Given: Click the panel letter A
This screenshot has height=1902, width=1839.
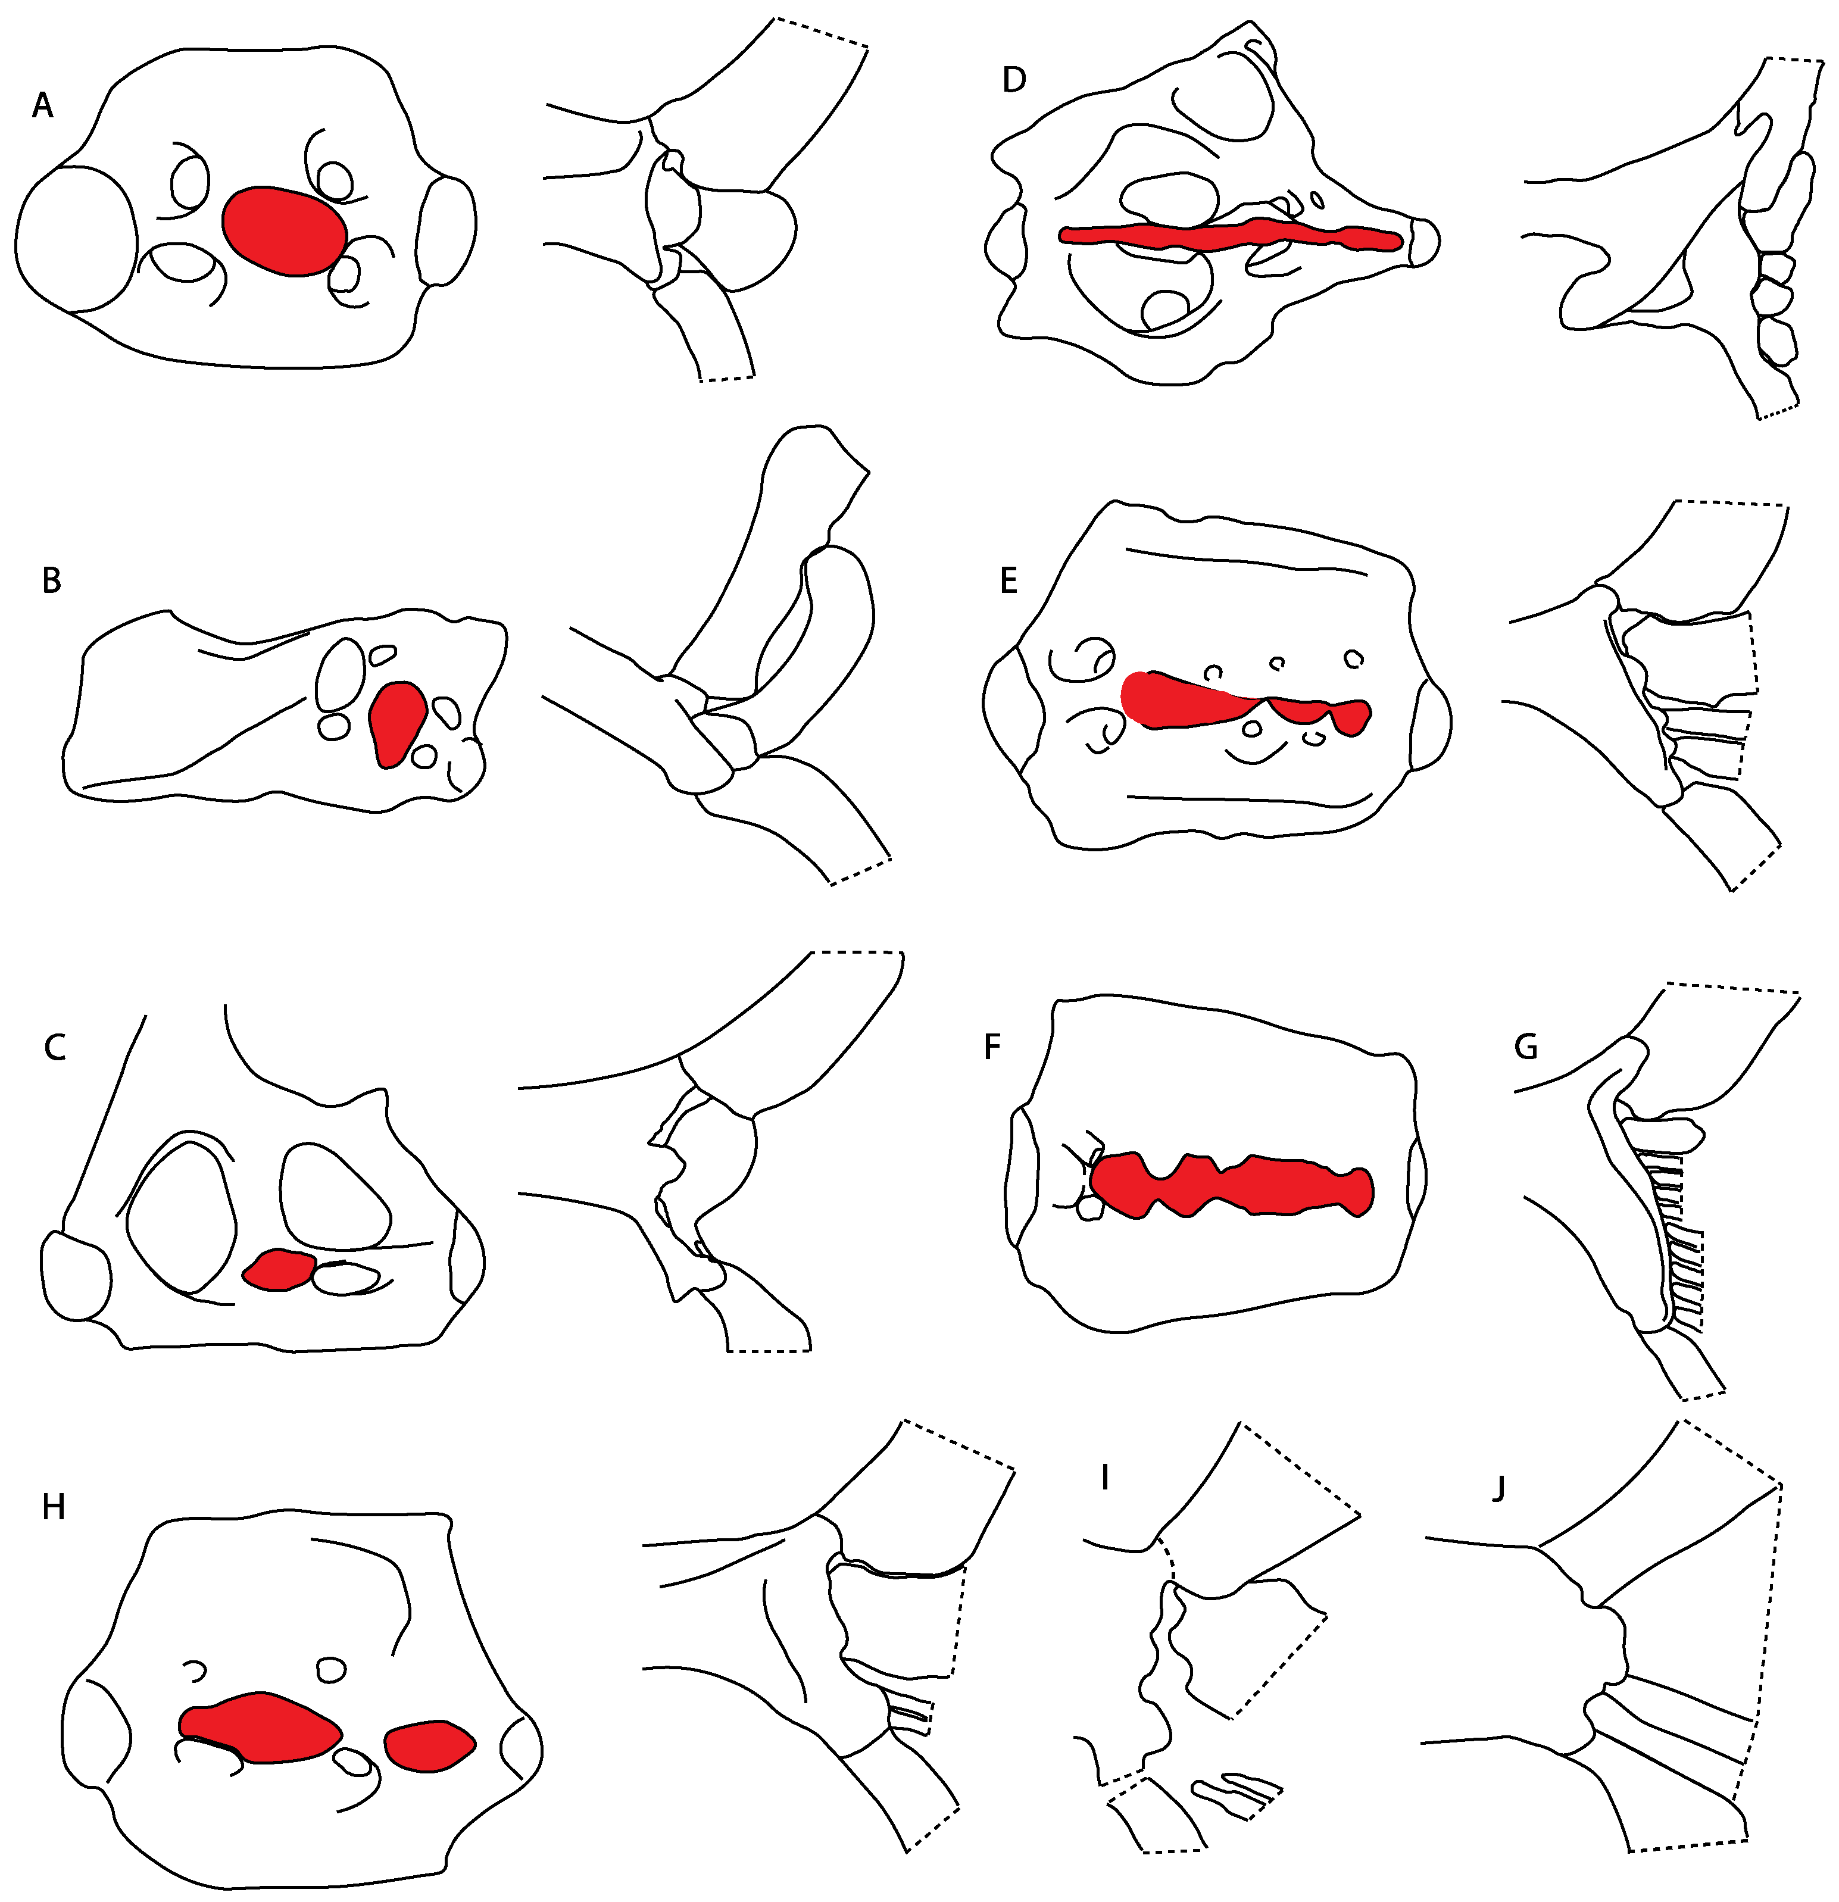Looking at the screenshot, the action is point(42,105).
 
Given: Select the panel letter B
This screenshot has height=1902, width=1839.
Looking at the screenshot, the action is point(51,580).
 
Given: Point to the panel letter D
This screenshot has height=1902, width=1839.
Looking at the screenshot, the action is point(1014,80).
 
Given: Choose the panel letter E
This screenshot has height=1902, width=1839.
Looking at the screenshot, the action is point(1009,580).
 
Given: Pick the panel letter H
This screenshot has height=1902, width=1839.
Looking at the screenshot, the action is point(54,1507).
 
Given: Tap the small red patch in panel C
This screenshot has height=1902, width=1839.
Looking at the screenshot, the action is point(279,1269).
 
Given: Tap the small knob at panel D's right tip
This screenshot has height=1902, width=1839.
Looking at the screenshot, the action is point(1422,241).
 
